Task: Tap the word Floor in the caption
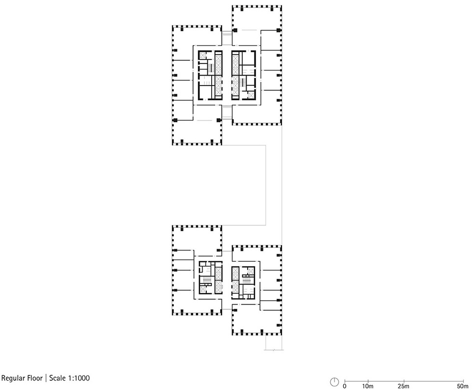coord(35,378)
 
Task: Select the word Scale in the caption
coord(56,378)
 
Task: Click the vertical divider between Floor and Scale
coord(46,378)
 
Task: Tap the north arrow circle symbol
coord(334,382)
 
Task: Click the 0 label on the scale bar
coord(345,386)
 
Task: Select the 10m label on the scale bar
coord(368,386)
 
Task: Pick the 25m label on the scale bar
coord(403,386)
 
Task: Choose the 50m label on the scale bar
coord(463,386)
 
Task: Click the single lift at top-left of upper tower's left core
coord(202,56)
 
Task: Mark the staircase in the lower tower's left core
coord(207,280)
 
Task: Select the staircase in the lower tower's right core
coord(247,280)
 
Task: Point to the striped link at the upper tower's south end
coord(227,112)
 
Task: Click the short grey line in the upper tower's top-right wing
coord(249,30)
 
